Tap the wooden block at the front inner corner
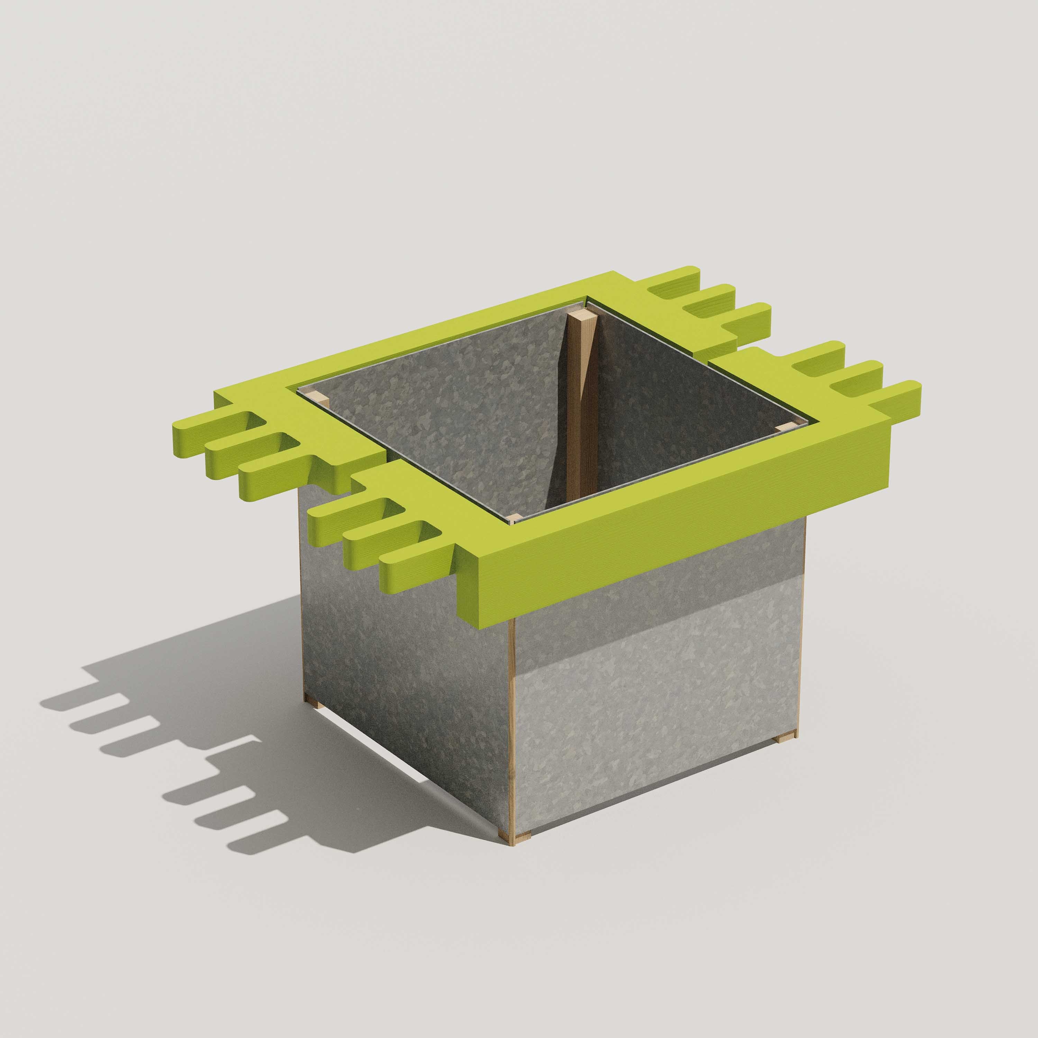click(513, 518)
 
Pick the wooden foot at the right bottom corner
click(785, 739)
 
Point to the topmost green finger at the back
click(674, 281)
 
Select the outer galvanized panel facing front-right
click(655, 699)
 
